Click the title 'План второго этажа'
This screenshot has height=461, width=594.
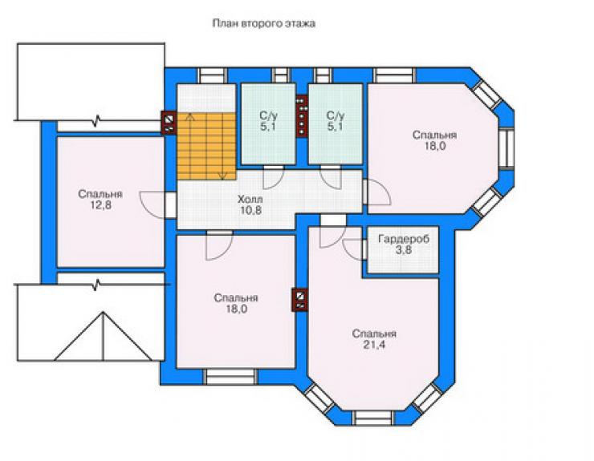click(263, 23)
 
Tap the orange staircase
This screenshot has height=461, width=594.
click(207, 146)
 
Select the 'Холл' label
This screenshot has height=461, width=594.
click(250, 199)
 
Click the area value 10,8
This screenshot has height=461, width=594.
click(250, 210)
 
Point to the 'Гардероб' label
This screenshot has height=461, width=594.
click(404, 239)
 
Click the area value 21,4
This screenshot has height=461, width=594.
click(374, 345)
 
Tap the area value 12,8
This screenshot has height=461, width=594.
click(101, 205)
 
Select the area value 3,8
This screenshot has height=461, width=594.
click(404, 250)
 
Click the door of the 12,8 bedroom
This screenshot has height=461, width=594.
click(153, 205)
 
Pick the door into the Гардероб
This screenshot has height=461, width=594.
click(353, 249)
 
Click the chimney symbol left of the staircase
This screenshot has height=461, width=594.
click(169, 123)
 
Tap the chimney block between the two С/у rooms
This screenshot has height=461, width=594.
click(302, 115)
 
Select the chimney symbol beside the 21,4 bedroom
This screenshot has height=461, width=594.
click(299, 300)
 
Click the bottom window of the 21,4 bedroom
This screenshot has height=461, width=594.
click(373, 419)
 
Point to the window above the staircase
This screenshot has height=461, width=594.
click(213, 75)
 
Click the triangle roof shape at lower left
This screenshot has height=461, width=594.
click(103, 336)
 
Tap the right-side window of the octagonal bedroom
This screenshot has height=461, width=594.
click(507, 148)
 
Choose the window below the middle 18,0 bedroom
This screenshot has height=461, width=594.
click(230, 378)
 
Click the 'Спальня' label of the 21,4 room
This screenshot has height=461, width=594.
click(374, 334)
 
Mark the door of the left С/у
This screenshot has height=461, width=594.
click(274, 177)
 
